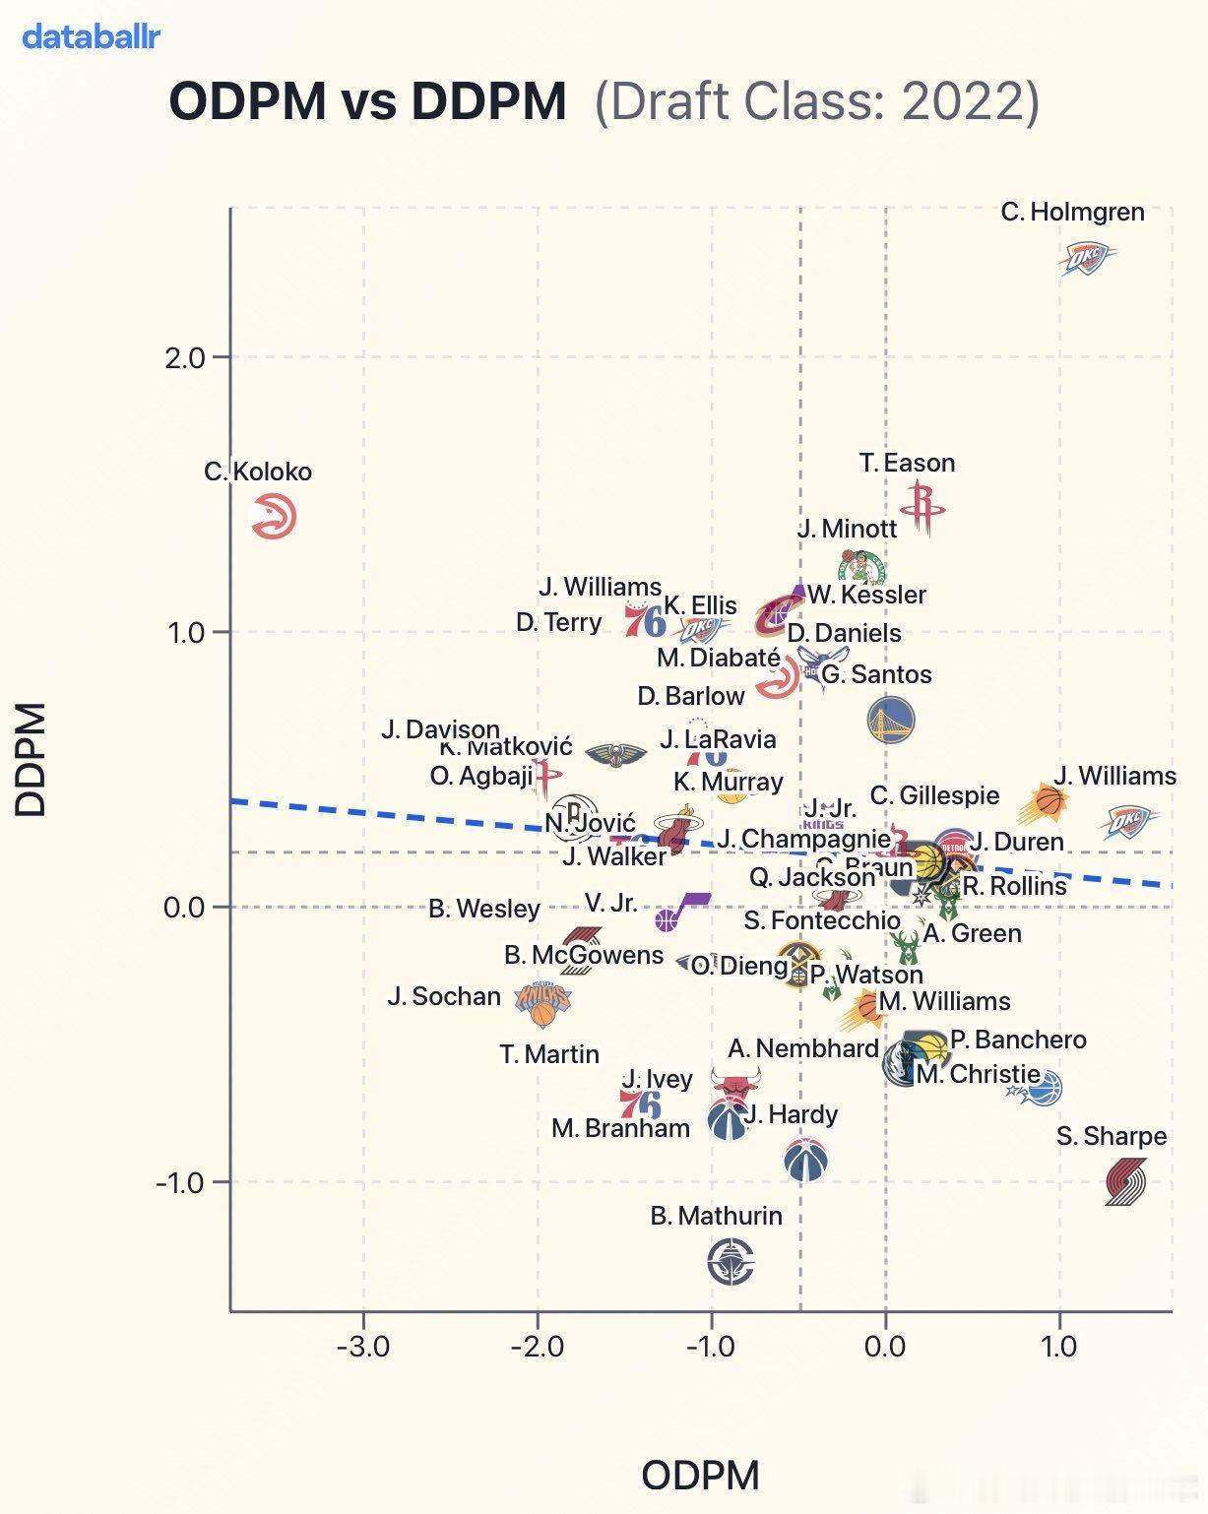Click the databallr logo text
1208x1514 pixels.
click(x=91, y=37)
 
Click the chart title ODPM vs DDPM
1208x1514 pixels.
click(x=367, y=101)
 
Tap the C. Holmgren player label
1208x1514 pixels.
click(x=1072, y=212)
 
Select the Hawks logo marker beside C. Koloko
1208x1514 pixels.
click(x=274, y=517)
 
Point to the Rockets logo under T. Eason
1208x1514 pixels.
click(x=922, y=508)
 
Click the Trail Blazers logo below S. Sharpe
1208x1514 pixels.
click(x=1124, y=1181)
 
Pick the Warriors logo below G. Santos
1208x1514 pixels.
click(x=890, y=720)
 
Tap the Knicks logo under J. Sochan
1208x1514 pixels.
click(x=542, y=1003)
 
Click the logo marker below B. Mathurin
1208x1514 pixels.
click(x=731, y=1262)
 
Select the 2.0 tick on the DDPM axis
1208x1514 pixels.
click(x=185, y=357)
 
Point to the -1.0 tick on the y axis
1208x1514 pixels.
click(x=181, y=1182)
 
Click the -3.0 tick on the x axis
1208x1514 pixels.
click(x=363, y=1346)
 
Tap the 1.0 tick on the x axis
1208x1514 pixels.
click(x=1059, y=1346)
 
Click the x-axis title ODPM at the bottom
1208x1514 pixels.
click(x=700, y=1476)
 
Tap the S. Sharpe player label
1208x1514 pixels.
click(x=1111, y=1136)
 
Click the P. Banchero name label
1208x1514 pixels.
click(x=1018, y=1040)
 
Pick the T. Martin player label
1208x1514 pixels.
click(x=549, y=1054)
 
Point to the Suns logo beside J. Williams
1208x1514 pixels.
click(x=1047, y=803)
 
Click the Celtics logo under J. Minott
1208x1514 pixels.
click(x=860, y=566)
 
